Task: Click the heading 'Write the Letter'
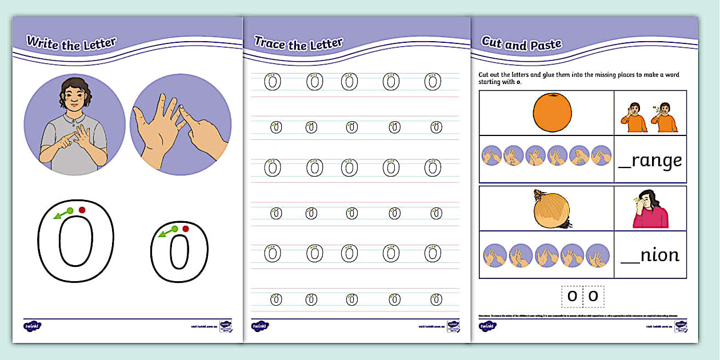[x=71, y=43]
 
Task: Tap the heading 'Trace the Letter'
[x=298, y=43]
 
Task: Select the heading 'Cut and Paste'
[x=521, y=43]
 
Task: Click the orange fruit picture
[x=553, y=113]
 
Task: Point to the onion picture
[x=551, y=210]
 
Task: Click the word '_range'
[x=650, y=161]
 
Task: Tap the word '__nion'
[x=650, y=254]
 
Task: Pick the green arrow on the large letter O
[x=62, y=214]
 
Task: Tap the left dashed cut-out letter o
[x=572, y=296]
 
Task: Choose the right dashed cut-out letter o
[x=593, y=296]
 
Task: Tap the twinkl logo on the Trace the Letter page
[x=260, y=326]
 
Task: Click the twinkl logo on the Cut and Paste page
[x=487, y=326]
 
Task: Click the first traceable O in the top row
[x=273, y=82]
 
